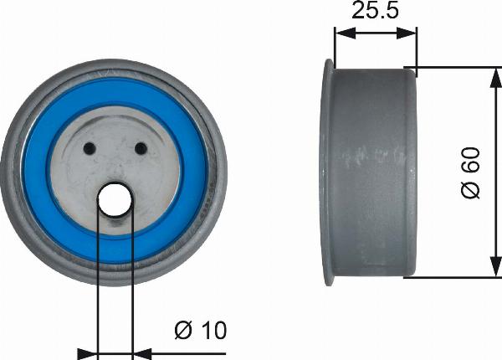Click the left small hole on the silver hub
[90, 150]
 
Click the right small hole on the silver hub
[141, 150]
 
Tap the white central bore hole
[115, 200]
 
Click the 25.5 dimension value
[374, 12]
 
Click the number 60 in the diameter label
[471, 162]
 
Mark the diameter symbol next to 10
[184, 330]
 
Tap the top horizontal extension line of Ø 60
[452, 67]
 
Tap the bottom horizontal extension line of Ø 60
[452, 276]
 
